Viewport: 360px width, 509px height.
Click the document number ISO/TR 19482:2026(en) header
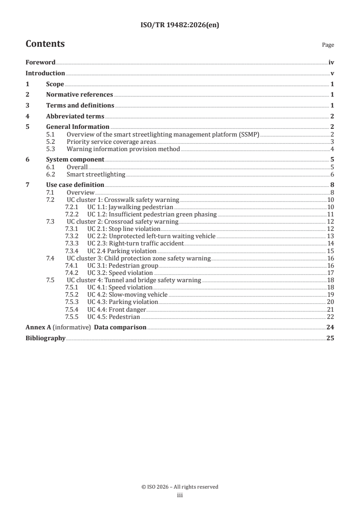point(180,25)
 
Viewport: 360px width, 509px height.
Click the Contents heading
point(45,44)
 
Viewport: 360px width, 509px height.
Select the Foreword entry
point(40,63)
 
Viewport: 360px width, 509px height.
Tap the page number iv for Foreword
point(331,63)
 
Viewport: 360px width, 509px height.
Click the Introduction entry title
point(45,73)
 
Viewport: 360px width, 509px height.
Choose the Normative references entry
point(79,95)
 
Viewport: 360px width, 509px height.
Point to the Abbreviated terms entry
point(75,116)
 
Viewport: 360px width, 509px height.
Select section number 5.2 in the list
point(51,142)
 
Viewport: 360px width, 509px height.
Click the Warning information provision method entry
point(123,149)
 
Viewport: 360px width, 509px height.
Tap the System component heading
point(75,160)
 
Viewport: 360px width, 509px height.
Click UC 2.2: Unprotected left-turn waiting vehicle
point(151,236)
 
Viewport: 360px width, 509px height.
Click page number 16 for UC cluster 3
point(330,258)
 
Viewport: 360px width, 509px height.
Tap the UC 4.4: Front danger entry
point(117,309)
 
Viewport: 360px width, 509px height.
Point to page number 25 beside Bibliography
point(330,338)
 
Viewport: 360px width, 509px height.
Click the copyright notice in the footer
point(180,487)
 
